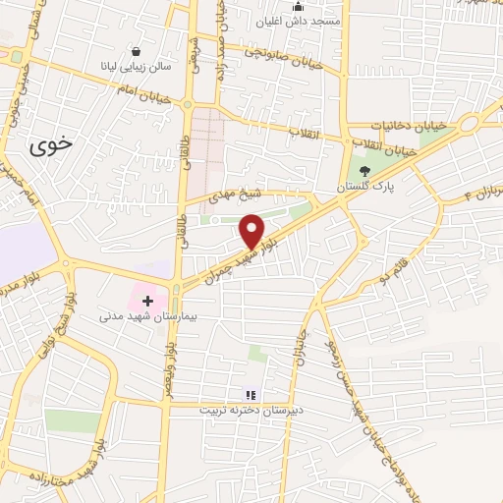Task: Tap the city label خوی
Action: [51, 146]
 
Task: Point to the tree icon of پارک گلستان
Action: [363, 172]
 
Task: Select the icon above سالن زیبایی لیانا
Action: [135, 50]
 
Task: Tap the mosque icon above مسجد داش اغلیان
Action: [298, 6]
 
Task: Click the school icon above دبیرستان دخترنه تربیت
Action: [250, 395]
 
